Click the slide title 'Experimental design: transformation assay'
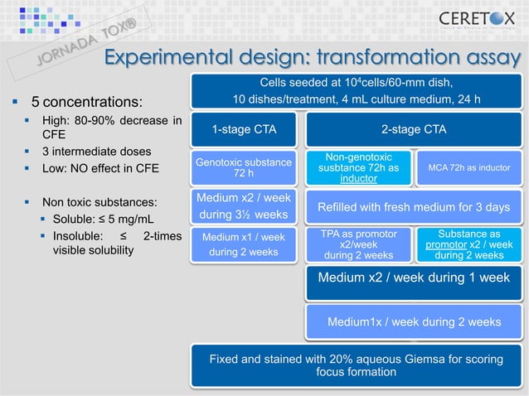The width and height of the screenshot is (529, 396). point(311,57)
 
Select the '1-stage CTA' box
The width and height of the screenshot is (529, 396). point(244,129)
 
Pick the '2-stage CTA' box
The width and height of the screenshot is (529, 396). point(413,129)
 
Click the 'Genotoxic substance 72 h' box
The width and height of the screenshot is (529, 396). point(244,168)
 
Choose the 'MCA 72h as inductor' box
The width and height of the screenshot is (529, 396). point(469,168)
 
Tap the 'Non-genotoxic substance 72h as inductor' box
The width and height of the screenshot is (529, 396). point(358,168)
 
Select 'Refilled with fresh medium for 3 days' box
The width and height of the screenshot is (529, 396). point(413,206)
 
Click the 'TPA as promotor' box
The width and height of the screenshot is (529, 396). point(358,244)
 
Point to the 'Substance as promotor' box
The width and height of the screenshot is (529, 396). point(469,244)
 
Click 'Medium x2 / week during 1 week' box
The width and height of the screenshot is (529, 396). point(413,278)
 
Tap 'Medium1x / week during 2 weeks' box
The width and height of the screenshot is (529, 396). point(413,321)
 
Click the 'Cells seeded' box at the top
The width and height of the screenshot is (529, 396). point(357,91)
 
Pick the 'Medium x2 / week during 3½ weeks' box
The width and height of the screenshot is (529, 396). point(244,206)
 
